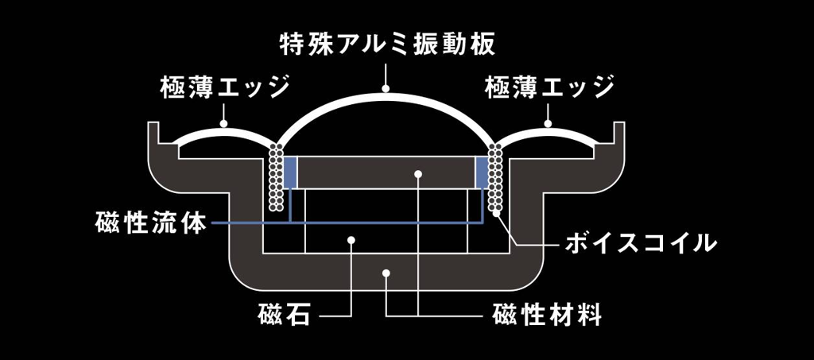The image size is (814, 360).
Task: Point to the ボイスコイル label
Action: pos(641,242)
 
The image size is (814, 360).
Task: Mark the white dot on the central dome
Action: pos(387,90)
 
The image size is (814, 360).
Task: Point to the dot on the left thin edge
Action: pos(223,125)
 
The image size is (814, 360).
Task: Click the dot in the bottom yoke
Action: pos(386,273)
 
